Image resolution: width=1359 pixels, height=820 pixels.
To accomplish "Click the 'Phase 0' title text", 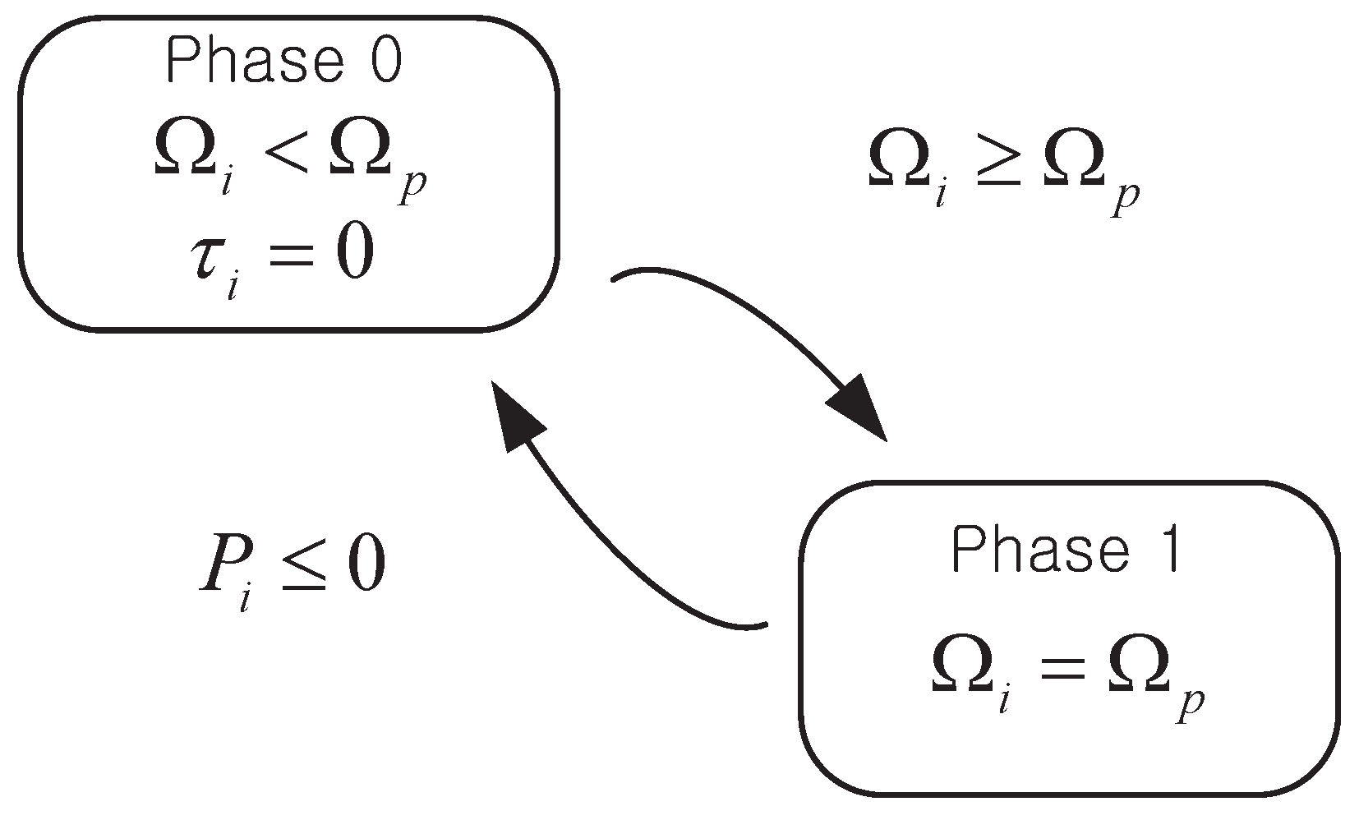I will click(283, 62).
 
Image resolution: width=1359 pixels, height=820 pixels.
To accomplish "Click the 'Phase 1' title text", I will click(1066, 551).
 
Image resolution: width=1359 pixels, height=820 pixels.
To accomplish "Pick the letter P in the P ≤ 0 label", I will click(218, 567).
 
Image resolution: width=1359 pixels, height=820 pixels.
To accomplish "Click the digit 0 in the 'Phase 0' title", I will click(384, 62).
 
